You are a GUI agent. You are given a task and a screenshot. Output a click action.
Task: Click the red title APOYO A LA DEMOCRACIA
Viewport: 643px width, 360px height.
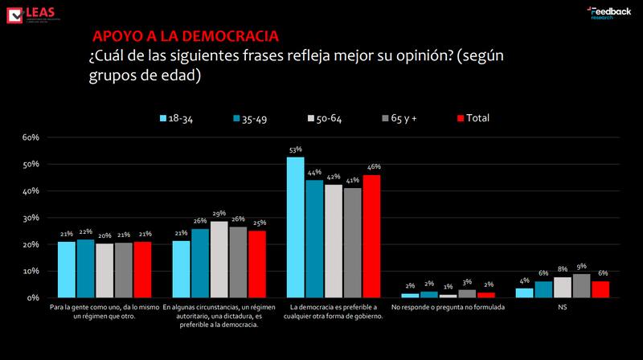(x=186, y=37)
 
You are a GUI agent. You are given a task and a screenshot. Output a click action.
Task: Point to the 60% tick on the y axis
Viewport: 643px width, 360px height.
(x=31, y=137)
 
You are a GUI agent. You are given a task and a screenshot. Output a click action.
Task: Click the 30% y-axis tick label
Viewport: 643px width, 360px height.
(x=31, y=218)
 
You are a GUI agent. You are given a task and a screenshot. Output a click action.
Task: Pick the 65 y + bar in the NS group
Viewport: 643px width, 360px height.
(x=581, y=285)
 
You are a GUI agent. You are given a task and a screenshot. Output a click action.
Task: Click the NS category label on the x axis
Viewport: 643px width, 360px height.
(x=562, y=308)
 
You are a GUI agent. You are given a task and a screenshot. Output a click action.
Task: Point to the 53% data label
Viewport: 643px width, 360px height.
(x=296, y=149)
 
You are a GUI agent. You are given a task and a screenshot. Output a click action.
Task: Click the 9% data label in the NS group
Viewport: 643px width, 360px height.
(x=581, y=267)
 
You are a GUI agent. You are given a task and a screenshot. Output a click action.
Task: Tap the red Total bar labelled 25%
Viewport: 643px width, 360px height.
(x=257, y=264)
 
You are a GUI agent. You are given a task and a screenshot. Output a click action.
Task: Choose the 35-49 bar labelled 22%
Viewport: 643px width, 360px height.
(x=84, y=268)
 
